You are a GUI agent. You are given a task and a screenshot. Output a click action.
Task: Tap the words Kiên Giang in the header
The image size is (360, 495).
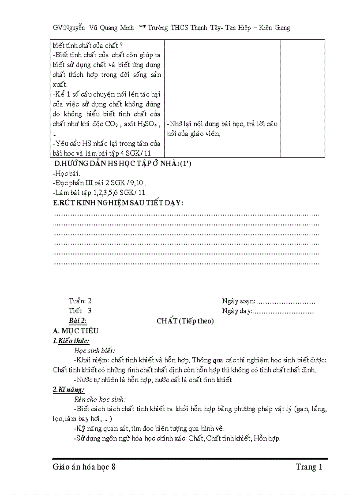point(275,28)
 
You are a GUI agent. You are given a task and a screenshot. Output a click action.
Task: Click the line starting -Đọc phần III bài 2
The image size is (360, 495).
point(99,183)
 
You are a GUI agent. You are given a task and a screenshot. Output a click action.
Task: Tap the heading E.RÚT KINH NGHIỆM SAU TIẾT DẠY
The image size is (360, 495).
point(118,202)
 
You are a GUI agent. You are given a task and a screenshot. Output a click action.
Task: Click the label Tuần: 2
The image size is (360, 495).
point(80,301)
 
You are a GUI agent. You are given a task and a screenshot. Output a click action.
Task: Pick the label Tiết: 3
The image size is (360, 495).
point(80,311)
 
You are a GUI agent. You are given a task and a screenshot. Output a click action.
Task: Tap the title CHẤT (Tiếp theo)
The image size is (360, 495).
point(185,321)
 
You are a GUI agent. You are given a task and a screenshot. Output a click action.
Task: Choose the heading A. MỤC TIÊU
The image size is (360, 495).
point(75,331)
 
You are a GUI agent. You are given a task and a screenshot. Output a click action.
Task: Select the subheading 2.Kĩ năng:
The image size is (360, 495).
point(68,390)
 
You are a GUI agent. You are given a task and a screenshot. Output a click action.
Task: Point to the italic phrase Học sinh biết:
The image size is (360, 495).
point(95,350)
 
